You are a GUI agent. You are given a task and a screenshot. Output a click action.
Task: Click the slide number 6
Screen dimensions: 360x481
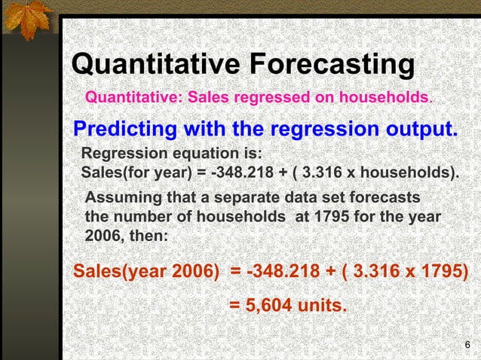pos(467,345)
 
